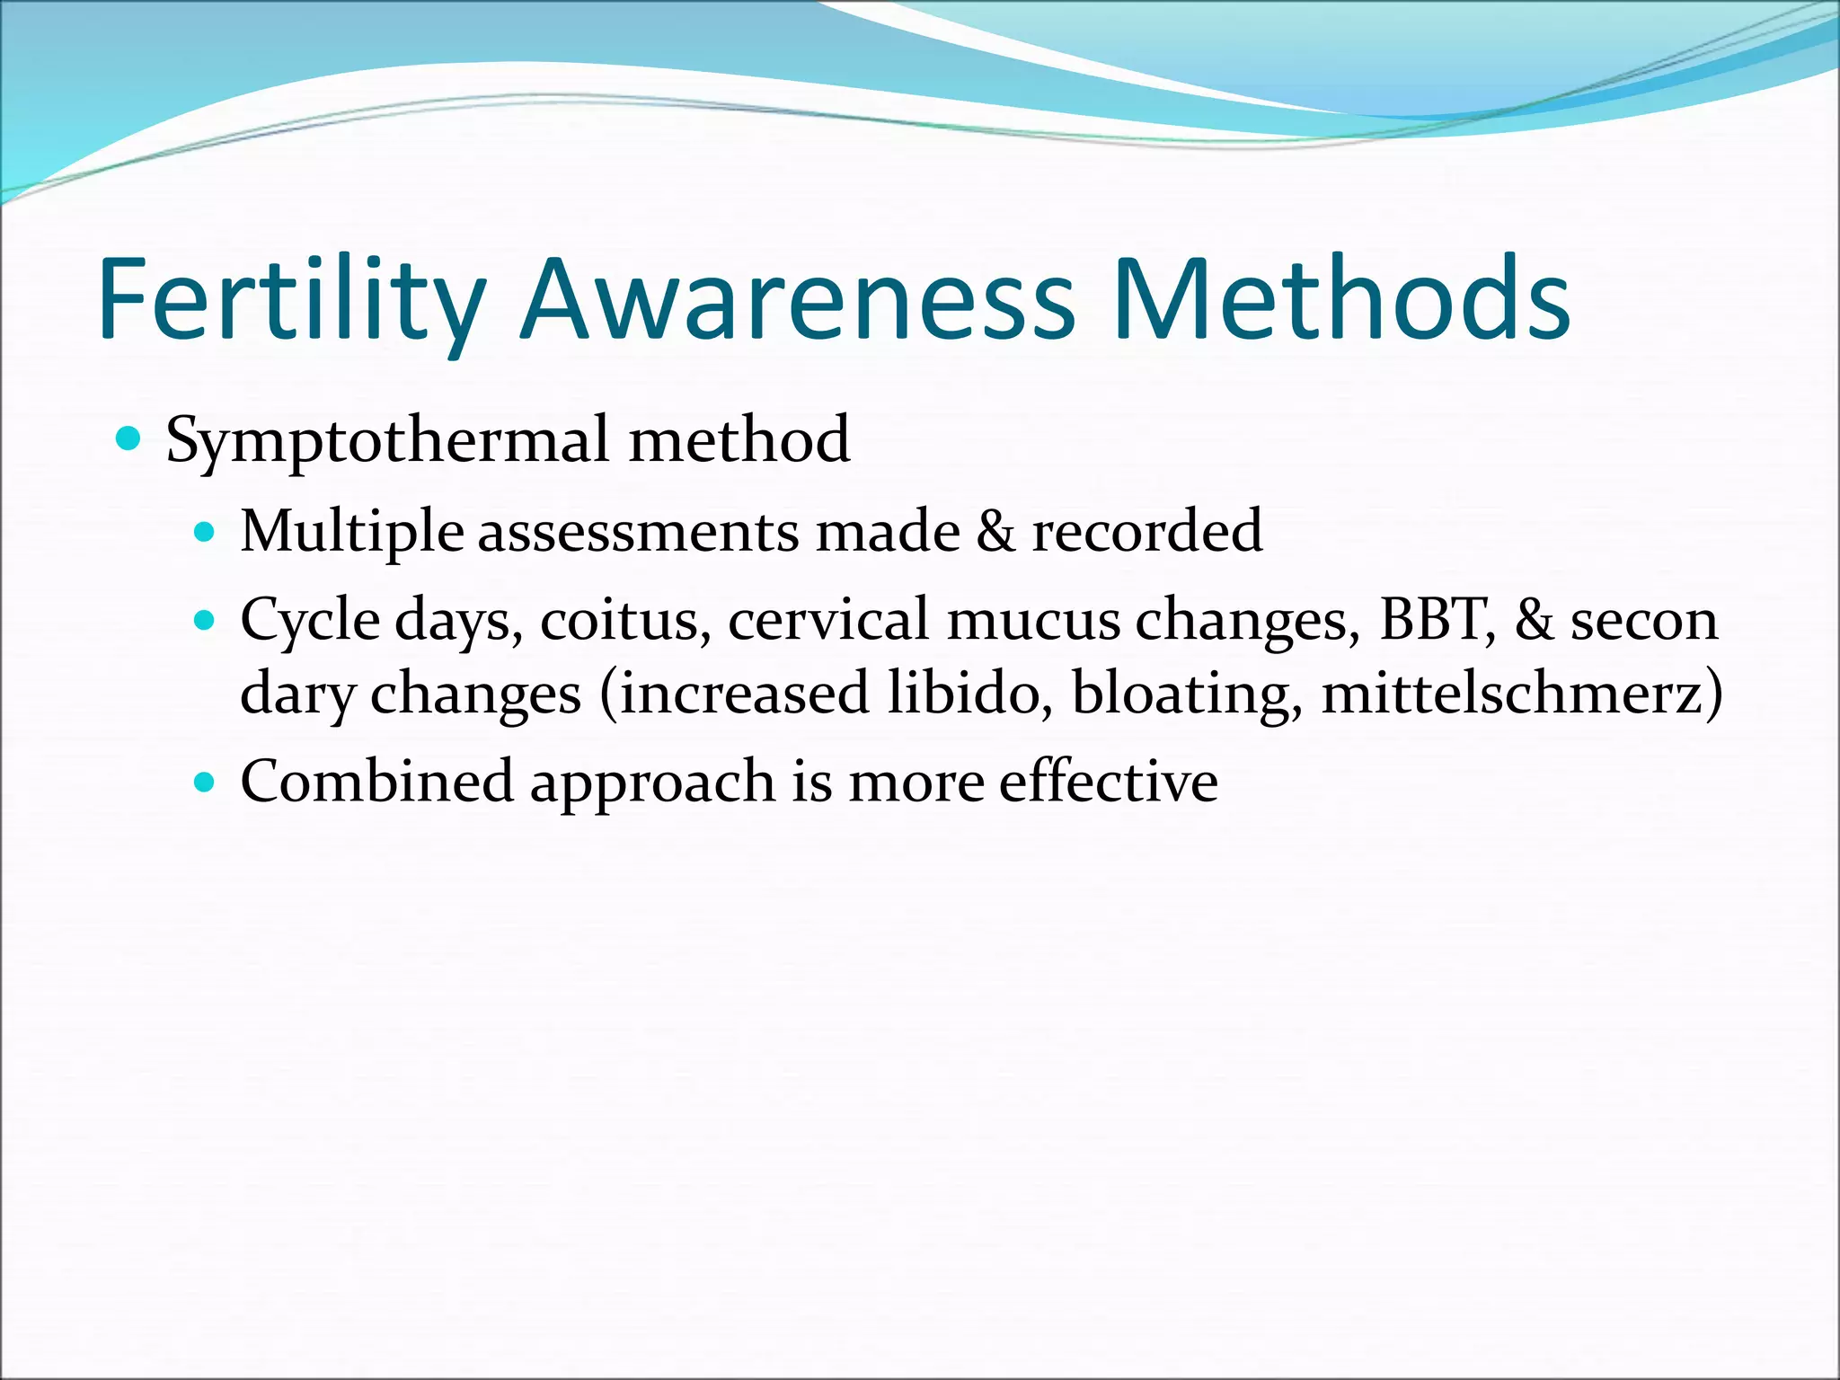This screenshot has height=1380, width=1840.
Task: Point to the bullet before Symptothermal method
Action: pyautogui.click(x=129, y=439)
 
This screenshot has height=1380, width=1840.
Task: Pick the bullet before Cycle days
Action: pyautogui.click(x=206, y=620)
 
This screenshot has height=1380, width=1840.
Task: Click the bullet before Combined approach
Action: pyautogui.click(x=206, y=782)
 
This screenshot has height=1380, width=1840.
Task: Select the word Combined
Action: pyautogui.click(x=377, y=782)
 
